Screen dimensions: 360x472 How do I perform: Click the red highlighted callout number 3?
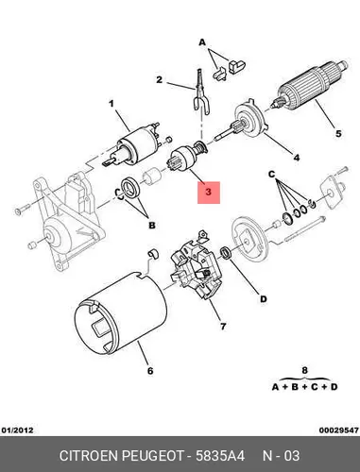pos(208,192)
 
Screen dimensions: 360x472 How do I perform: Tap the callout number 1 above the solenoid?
pos(111,103)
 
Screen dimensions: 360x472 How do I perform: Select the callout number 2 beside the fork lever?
pos(160,80)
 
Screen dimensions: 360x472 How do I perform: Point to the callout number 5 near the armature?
pos(338,134)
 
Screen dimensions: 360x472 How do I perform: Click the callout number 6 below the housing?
pos(150,371)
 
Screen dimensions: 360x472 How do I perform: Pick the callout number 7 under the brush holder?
pos(223,327)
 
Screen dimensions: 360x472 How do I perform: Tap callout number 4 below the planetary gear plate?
pos(297,158)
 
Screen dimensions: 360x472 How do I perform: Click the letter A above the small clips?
pos(202,42)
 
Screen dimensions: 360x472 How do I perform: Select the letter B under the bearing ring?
pos(152,226)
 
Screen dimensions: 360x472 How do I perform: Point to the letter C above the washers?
pos(272,174)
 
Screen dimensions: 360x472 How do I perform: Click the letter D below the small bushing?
pos(264,299)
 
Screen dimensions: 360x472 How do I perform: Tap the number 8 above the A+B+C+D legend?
pos(304,370)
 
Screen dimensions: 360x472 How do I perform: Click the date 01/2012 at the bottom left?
pos(17,430)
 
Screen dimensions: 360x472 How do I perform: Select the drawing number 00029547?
pos(339,430)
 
